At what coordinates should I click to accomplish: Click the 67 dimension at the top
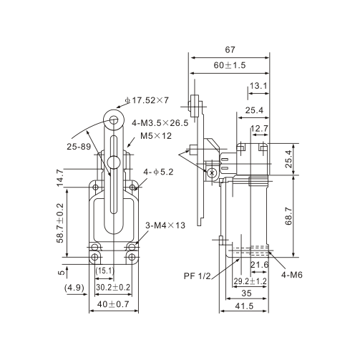click(229, 49)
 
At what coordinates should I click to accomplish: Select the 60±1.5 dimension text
click(229, 65)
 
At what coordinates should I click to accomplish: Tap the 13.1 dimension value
click(258, 86)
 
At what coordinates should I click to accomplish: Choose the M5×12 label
click(155, 136)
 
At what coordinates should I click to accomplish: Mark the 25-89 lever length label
click(78, 147)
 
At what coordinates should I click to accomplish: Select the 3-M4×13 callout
click(165, 225)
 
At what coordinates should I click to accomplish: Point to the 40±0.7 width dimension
click(114, 305)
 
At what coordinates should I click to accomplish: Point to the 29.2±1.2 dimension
click(250, 281)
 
